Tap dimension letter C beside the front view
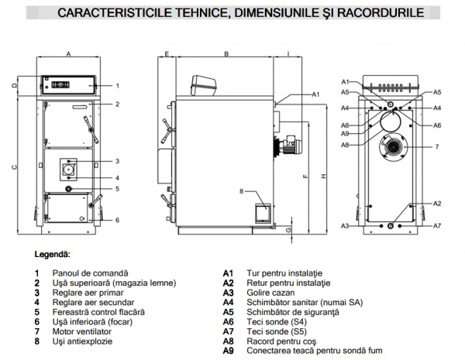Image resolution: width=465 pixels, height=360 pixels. [x=14, y=166]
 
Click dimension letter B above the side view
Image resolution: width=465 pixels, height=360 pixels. [x=226, y=53]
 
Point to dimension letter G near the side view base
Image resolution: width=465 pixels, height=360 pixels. [x=288, y=229]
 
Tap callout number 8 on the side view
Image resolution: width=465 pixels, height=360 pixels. [x=243, y=190]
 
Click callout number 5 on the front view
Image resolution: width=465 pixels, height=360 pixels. [x=117, y=188]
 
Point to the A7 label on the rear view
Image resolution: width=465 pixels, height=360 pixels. [x=437, y=225]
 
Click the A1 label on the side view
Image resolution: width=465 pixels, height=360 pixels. [x=315, y=94]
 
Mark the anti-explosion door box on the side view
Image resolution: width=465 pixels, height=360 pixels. [x=260, y=212]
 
